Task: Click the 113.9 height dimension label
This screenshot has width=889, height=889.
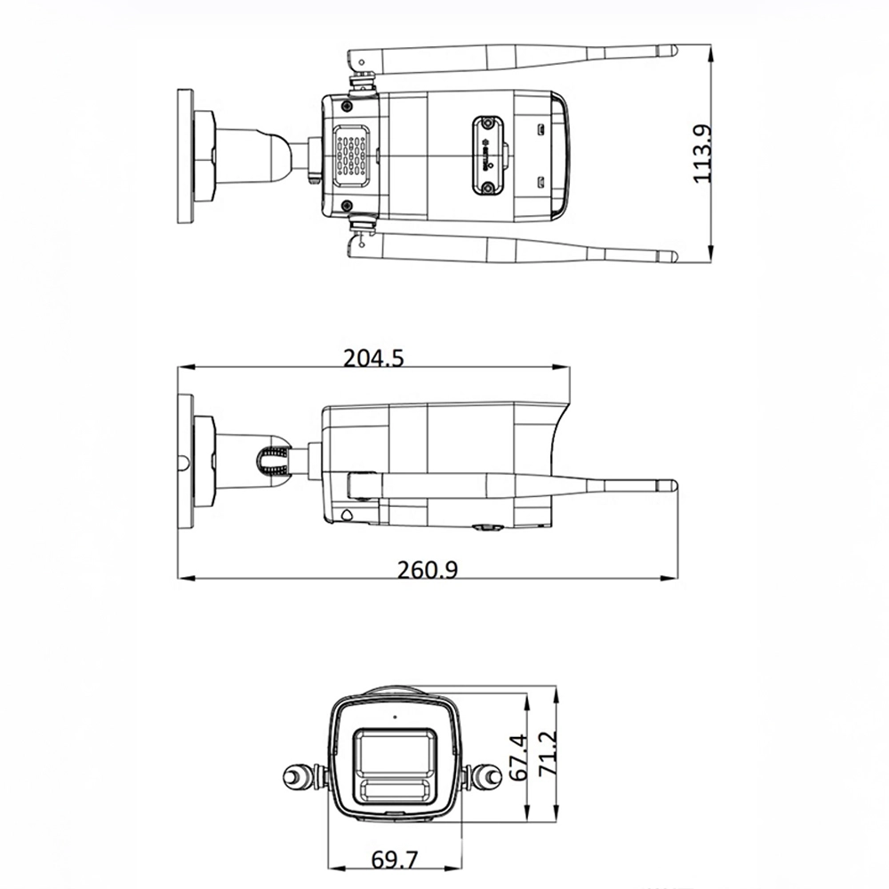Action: (703, 153)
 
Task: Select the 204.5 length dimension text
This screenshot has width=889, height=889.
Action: (373, 357)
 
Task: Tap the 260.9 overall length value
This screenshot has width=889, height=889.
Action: (427, 570)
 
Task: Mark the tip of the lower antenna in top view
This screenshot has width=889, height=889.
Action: (672, 258)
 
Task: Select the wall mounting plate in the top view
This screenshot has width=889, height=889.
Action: (185, 156)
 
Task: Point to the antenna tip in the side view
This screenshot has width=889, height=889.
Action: (672, 486)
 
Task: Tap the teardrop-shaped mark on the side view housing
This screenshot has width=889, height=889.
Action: (346, 514)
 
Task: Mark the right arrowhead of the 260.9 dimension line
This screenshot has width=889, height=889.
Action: (672, 580)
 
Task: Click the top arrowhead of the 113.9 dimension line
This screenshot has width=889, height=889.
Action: (711, 50)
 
